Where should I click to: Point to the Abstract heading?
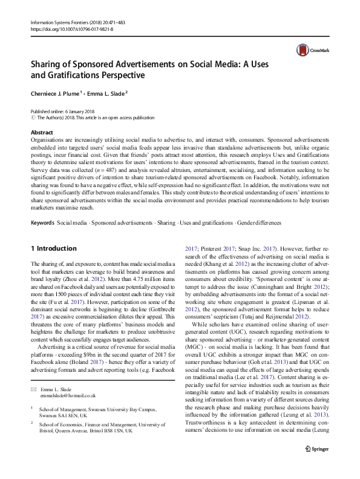[42, 132]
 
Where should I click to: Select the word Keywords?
[42, 223]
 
